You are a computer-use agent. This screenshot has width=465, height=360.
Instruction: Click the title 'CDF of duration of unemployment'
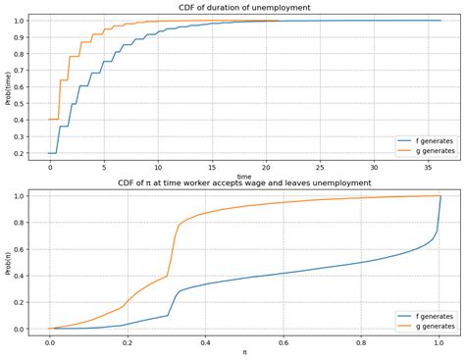[244, 7]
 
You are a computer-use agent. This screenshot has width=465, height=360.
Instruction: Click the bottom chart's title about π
[244, 183]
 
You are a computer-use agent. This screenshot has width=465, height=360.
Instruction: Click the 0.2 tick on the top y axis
[24, 154]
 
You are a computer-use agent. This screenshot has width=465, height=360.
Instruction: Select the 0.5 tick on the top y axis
[24, 104]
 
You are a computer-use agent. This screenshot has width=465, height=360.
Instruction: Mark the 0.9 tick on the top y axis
[24, 37]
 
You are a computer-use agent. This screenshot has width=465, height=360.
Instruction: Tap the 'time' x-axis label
[244, 177]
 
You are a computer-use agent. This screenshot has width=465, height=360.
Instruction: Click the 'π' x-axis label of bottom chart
[244, 351]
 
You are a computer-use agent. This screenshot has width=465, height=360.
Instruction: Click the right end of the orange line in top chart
[279, 21]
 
